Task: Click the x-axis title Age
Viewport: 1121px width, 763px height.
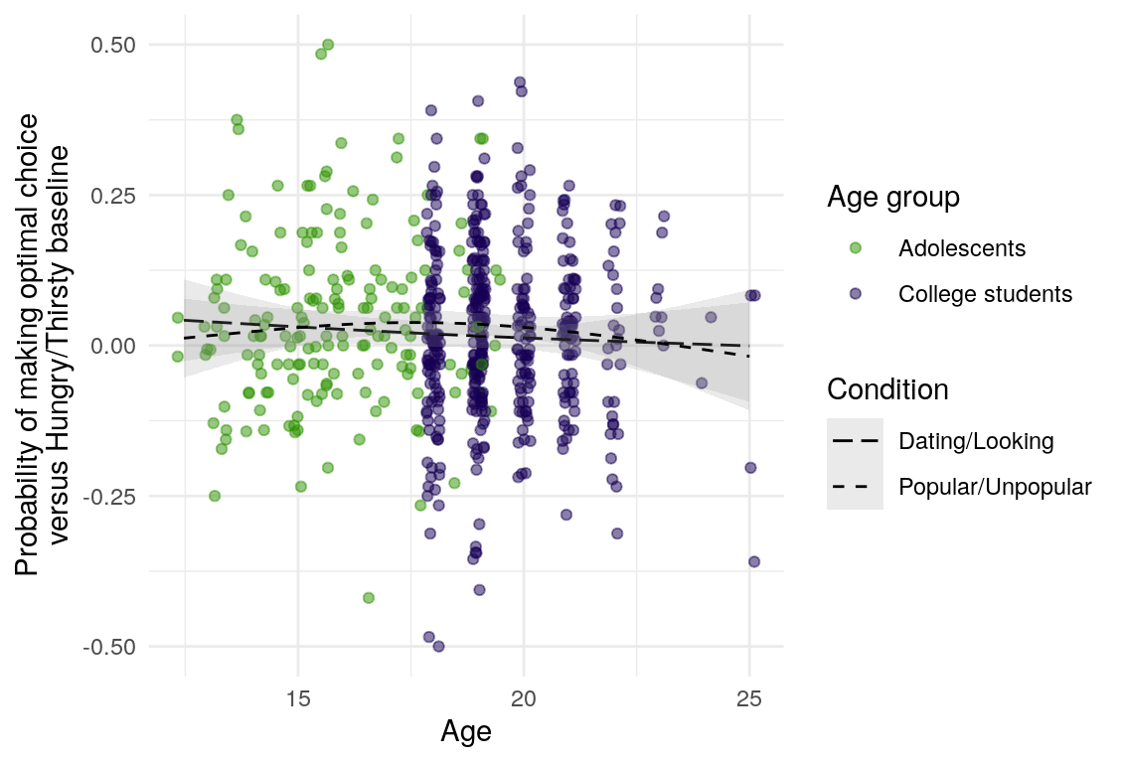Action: (x=466, y=732)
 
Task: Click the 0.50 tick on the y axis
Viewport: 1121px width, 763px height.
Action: (x=113, y=45)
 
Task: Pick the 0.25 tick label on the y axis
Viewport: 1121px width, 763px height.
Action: (x=113, y=195)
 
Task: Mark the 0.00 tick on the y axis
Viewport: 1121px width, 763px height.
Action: (x=113, y=346)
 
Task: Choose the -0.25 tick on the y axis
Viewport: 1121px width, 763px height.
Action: (x=110, y=496)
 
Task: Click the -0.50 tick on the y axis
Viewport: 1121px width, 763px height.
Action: (x=110, y=647)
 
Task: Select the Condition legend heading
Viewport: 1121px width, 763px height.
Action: (x=887, y=389)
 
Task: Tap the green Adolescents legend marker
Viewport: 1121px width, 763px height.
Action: (x=855, y=247)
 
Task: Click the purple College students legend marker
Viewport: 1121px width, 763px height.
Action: (x=855, y=294)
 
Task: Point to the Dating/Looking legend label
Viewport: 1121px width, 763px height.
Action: (x=975, y=441)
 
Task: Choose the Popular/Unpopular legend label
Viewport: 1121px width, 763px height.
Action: (x=995, y=488)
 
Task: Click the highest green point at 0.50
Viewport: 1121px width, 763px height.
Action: (x=328, y=45)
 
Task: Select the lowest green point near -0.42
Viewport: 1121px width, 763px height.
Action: (x=369, y=597)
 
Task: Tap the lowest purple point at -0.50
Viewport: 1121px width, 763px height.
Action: (x=438, y=646)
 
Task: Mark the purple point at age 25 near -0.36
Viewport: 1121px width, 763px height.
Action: (x=754, y=561)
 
